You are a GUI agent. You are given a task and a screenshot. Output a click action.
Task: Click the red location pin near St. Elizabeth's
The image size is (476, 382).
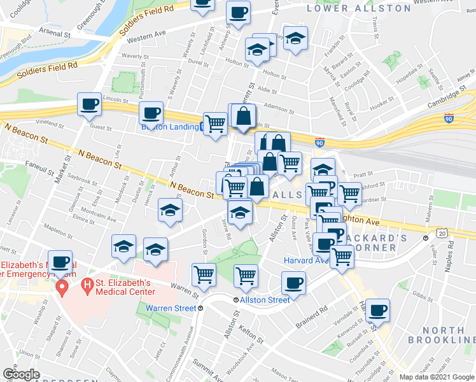62,288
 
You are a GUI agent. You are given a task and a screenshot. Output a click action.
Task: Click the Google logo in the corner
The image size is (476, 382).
21,374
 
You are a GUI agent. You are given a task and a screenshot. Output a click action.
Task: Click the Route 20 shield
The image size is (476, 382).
442,234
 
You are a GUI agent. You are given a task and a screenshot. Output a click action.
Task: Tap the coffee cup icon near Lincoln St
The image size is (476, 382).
89,104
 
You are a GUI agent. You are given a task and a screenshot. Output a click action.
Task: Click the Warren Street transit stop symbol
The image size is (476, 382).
200,308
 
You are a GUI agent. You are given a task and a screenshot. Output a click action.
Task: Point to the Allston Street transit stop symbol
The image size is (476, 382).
236,300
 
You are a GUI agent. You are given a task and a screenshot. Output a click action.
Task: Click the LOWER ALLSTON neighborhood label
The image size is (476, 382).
359,8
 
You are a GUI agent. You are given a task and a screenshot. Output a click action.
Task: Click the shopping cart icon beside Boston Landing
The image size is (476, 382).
215,124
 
